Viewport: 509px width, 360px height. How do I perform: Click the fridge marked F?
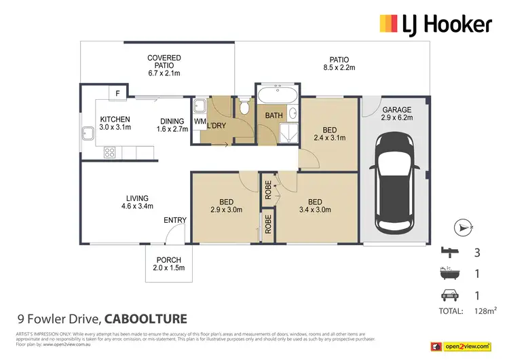pos(118,93)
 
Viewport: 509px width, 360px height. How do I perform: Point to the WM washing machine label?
pos(200,122)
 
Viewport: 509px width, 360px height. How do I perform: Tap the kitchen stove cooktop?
pos(108,154)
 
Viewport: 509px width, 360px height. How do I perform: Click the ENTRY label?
pos(175,220)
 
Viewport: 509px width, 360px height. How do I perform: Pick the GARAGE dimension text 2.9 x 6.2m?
pos(395,118)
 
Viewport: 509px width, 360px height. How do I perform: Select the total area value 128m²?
pos(483,311)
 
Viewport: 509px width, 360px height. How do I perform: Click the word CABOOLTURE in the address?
pos(146,318)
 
